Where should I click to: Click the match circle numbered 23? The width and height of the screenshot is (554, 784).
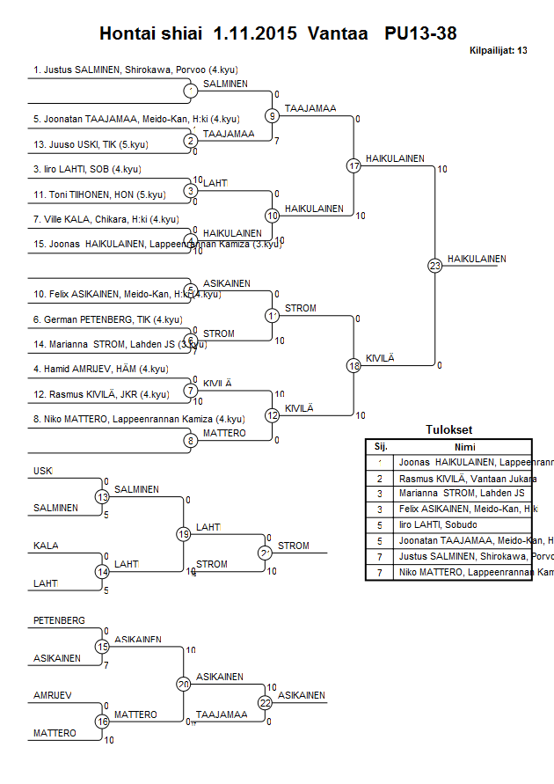click(434, 265)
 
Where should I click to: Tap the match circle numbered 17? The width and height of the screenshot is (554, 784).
click(354, 165)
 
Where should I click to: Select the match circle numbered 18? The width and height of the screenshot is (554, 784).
click(354, 365)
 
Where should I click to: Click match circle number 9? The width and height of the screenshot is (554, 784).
click(273, 115)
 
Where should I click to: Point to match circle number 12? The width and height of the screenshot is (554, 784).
click(273, 414)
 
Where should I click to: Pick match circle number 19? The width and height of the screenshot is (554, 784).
click(184, 533)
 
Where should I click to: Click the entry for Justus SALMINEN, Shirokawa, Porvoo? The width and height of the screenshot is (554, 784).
click(135, 69)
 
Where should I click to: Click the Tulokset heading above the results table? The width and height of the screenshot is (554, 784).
click(448, 430)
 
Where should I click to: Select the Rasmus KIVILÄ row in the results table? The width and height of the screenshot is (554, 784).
click(467, 478)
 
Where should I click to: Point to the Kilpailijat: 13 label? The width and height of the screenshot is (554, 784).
click(499, 51)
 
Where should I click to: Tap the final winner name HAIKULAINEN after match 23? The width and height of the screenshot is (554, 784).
click(477, 259)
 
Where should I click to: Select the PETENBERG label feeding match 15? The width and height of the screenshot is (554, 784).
click(59, 620)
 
